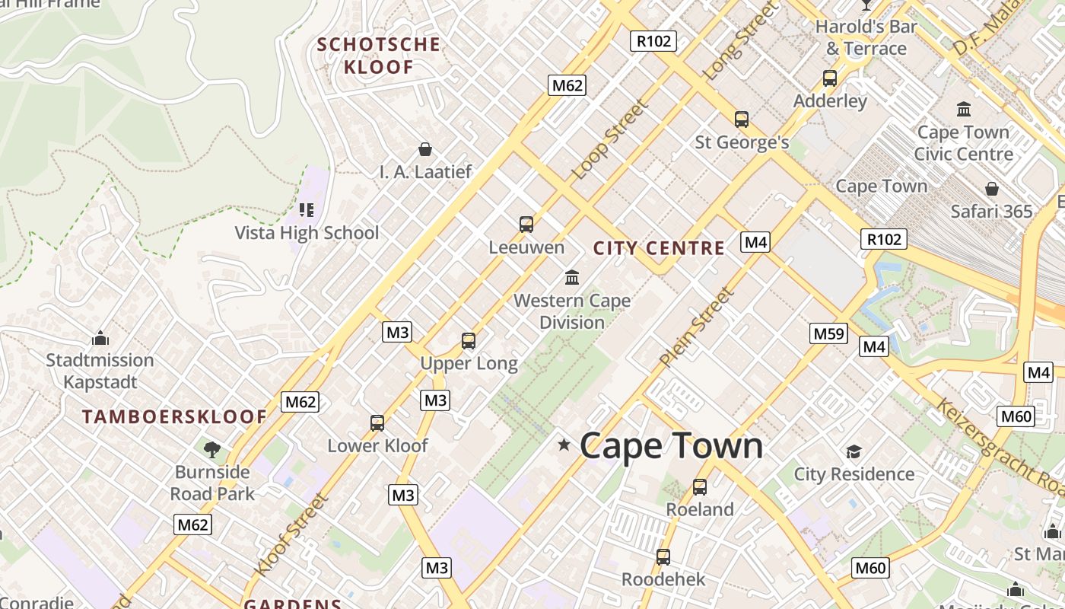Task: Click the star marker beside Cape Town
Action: pyautogui.click(x=564, y=445)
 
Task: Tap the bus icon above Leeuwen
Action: pyautogui.click(x=526, y=225)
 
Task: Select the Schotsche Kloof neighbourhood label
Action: pyautogui.click(x=379, y=56)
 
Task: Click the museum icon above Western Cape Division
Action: pyautogui.click(x=572, y=277)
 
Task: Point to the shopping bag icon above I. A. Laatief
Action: pyautogui.click(x=425, y=149)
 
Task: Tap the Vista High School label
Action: pyautogui.click(x=307, y=233)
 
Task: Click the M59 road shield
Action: pyautogui.click(x=828, y=333)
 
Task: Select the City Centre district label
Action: pyautogui.click(x=659, y=248)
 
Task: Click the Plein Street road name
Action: pyautogui.click(x=698, y=327)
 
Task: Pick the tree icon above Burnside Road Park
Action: pyautogui.click(x=212, y=449)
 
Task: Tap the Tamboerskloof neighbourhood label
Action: pyautogui.click(x=175, y=417)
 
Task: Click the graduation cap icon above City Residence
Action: pyautogui.click(x=854, y=452)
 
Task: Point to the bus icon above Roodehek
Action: pyautogui.click(x=663, y=557)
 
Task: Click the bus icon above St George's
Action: pyautogui.click(x=742, y=120)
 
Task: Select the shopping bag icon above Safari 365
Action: pyautogui.click(x=992, y=189)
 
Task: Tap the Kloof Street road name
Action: pyautogui.click(x=291, y=534)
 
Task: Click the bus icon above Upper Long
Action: pyautogui.click(x=469, y=341)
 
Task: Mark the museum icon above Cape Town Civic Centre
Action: pyautogui.click(x=964, y=110)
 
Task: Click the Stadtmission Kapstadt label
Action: pyautogui.click(x=100, y=371)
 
